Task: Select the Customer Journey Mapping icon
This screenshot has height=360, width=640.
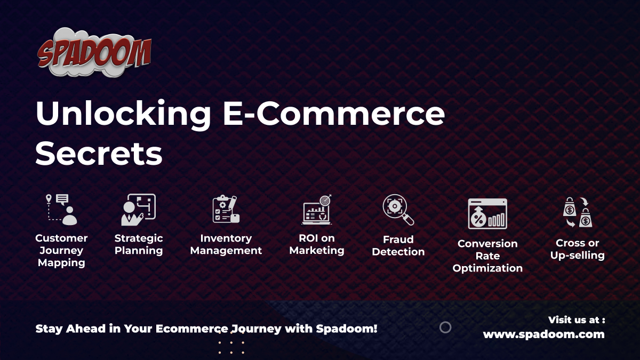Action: tap(61, 209)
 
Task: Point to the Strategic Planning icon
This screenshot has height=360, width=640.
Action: tap(138, 209)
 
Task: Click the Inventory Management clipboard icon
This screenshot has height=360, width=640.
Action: tap(226, 209)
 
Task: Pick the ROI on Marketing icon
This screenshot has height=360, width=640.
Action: tap(317, 209)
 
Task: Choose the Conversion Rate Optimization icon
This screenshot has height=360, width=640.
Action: tap(487, 214)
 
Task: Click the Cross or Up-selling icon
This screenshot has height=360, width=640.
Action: tap(578, 212)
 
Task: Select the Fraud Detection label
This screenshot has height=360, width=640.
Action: tap(398, 245)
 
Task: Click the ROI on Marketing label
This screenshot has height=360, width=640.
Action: tap(317, 244)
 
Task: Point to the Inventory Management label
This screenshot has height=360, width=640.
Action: tap(226, 244)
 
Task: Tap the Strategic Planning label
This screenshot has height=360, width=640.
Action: tap(139, 244)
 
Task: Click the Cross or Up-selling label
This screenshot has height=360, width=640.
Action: tap(578, 249)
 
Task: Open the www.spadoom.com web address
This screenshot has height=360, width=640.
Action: tap(543, 334)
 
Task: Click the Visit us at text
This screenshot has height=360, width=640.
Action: tap(576, 320)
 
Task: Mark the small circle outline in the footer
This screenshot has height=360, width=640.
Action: tap(445, 327)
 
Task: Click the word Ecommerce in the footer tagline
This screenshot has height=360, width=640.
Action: tap(191, 329)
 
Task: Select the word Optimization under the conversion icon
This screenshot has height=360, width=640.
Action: tap(487, 268)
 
